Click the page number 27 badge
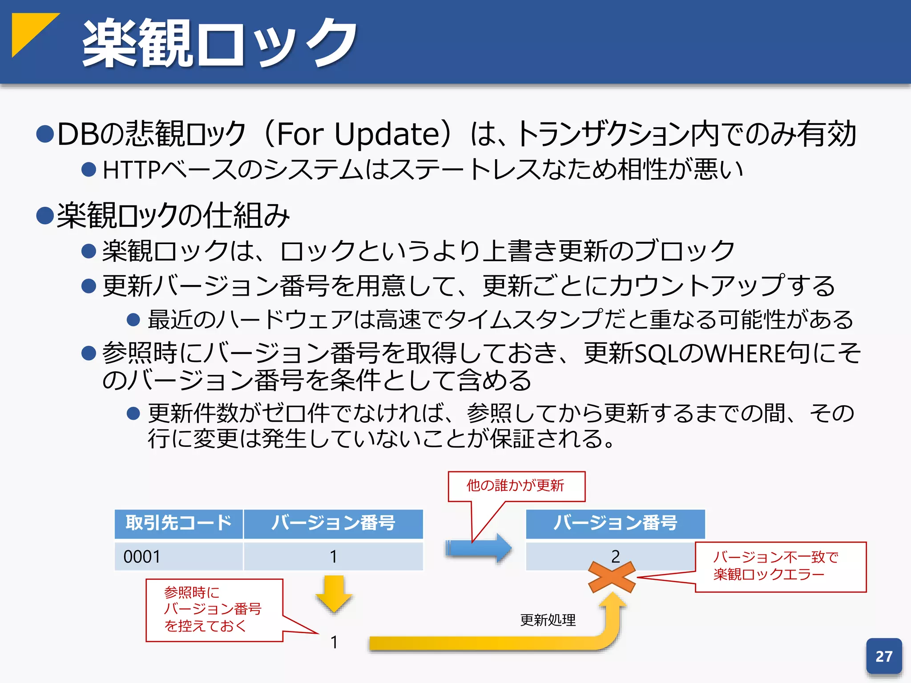click(x=883, y=656)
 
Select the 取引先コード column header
click(x=178, y=523)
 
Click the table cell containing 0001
click(x=178, y=556)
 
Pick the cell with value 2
click(x=615, y=556)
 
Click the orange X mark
click(x=612, y=577)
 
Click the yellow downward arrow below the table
click(x=334, y=593)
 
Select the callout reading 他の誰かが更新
click(x=516, y=486)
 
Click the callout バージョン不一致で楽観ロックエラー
click(x=780, y=566)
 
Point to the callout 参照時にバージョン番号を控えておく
click(x=214, y=610)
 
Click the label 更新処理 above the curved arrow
click(x=548, y=620)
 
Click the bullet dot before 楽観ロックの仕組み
click(x=45, y=216)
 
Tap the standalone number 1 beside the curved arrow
click(x=334, y=642)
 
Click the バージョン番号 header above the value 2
click(x=615, y=523)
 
